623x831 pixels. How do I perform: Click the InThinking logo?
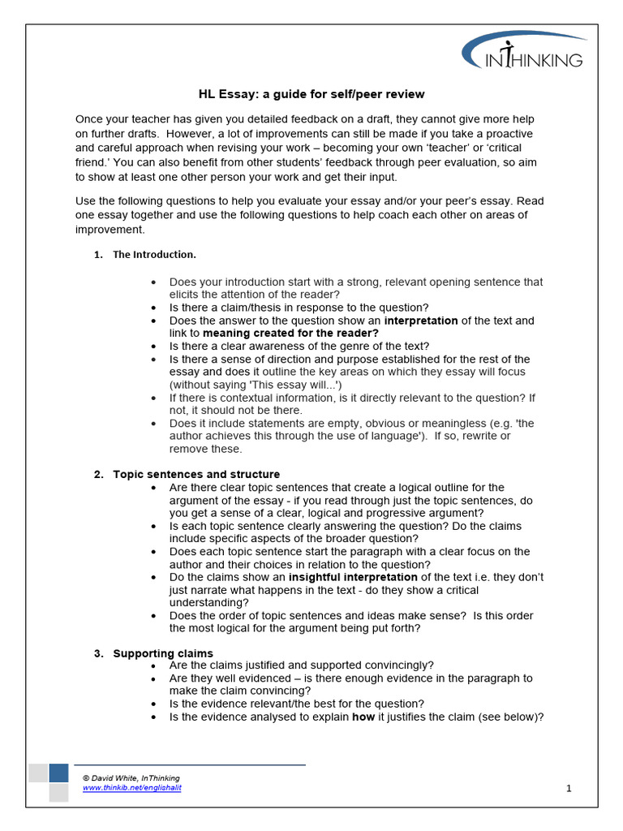(x=524, y=54)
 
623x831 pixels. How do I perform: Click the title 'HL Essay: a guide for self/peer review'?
(x=311, y=94)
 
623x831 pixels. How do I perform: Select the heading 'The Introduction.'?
(x=154, y=255)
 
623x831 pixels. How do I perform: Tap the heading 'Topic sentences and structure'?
(x=196, y=474)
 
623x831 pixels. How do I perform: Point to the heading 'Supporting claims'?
(x=163, y=653)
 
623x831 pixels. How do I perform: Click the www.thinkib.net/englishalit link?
(x=131, y=788)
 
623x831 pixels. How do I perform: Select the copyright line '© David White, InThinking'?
(x=131, y=778)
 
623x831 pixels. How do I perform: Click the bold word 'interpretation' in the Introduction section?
(x=421, y=321)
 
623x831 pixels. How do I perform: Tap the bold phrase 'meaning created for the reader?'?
(x=290, y=334)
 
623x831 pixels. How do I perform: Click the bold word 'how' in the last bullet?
(x=363, y=717)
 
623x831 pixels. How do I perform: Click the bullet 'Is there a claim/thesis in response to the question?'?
(x=299, y=308)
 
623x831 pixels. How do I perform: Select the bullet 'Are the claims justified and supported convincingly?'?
(x=301, y=665)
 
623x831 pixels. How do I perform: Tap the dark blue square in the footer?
(x=58, y=773)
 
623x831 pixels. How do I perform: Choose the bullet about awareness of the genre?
(x=299, y=346)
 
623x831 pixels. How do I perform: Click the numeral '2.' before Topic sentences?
(x=98, y=474)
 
